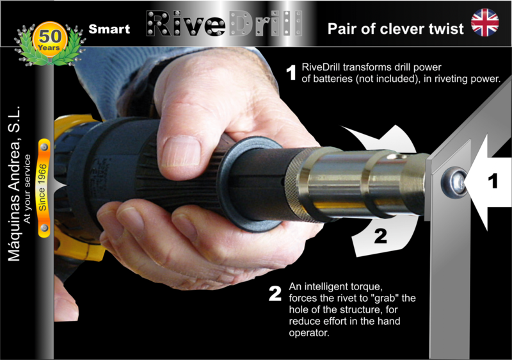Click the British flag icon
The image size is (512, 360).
(485, 22)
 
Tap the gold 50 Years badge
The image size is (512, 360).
(50, 39)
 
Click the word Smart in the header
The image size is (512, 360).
(109, 29)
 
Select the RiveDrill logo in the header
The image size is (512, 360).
(224, 23)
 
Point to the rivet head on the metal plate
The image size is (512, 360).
(454, 183)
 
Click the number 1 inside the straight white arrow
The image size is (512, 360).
(493, 181)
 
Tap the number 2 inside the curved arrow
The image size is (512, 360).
(380, 236)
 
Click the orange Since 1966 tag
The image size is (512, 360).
(44, 188)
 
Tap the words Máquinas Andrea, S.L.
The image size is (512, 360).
(14, 184)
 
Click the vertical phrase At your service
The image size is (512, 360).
(27, 189)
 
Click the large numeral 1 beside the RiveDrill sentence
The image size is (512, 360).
(291, 72)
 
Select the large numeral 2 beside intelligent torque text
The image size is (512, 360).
(275, 293)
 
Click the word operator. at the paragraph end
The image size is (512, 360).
(309, 333)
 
